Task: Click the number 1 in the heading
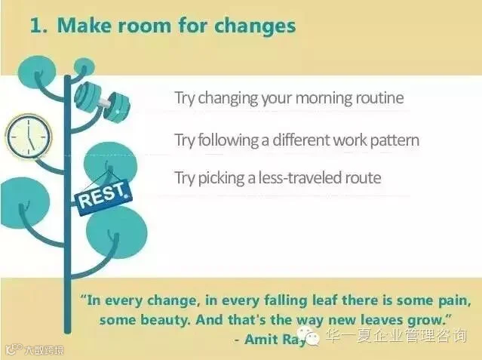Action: click(x=36, y=26)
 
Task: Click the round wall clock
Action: click(x=29, y=137)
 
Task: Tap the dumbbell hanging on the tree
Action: click(x=102, y=102)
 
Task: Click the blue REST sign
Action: click(x=103, y=197)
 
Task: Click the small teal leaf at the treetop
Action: click(x=84, y=66)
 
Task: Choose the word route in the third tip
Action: click(x=364, y=178)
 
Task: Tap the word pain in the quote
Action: click(x=454, y=301)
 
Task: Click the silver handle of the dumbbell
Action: click(x=105, y=102)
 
